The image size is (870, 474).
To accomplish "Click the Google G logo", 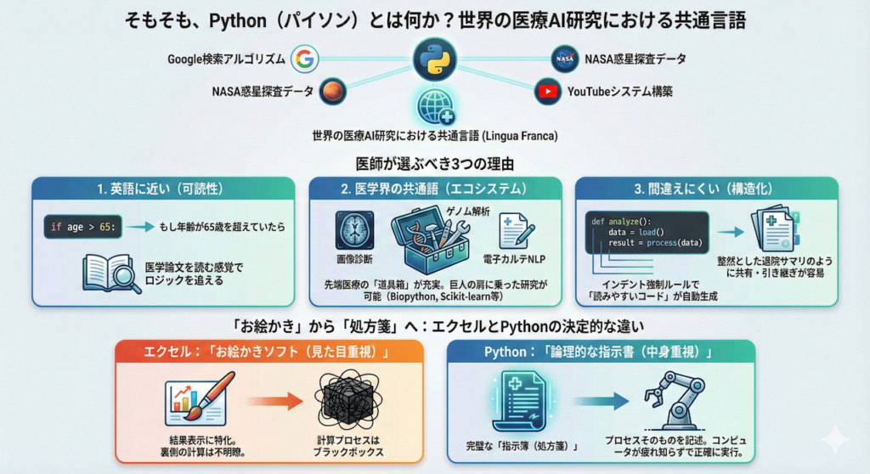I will pos(304,59).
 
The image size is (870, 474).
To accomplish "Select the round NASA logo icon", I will pos(564,59).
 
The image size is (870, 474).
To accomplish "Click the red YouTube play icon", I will pos(548,91).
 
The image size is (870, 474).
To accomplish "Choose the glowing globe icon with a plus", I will pos(435,109).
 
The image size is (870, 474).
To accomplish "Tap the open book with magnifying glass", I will pos(110,274).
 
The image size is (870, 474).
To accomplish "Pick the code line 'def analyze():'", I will pos(623,221).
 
